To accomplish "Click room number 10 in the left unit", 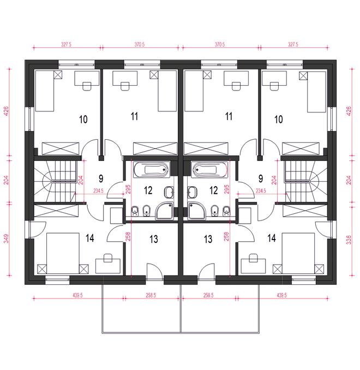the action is (83, 120).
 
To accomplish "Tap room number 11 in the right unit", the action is (229, 116).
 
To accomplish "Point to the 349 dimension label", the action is (7, 238).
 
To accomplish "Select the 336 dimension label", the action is (349, 240).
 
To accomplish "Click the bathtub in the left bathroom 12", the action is (152, 169).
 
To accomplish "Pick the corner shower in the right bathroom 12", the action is (197, 211).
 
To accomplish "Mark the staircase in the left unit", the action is (56, 182).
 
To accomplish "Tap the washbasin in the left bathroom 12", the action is (169, 192).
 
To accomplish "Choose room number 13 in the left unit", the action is (154, 239).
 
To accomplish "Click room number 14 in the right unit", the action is (272, 238).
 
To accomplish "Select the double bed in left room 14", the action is (63, 253).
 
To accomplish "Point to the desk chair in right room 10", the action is (274, 86).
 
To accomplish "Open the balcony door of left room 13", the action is (154, 272).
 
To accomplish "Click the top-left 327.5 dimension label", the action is (67, 44).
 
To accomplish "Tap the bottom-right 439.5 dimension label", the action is (281, 295).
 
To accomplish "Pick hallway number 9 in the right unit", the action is (261, 178).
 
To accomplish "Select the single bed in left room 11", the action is (167, 91).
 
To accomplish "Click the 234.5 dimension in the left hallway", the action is (98, 191).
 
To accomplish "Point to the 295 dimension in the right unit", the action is (226, 189).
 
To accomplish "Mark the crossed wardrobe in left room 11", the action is (155, 148).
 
